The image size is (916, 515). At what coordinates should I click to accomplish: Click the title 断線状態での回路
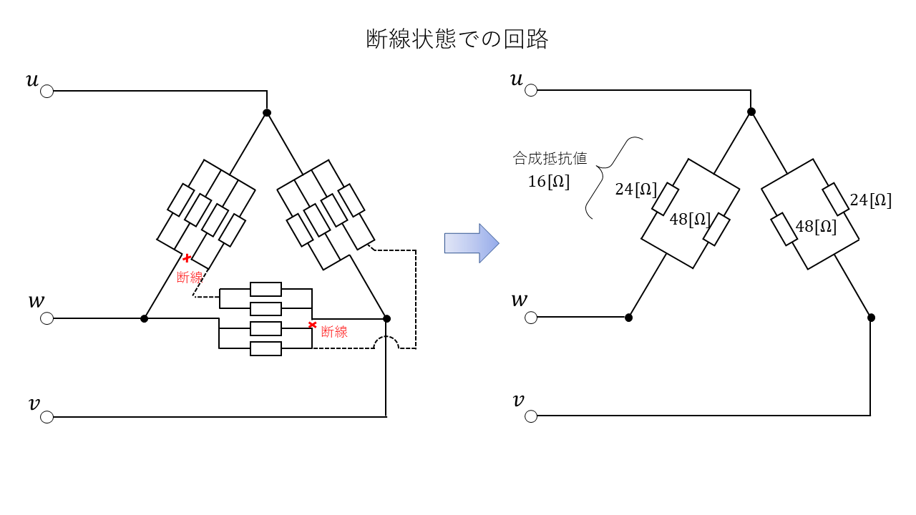(x=457, y=39)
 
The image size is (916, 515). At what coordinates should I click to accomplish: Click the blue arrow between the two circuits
(x=471, y=243)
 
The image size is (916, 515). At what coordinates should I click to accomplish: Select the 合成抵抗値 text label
(x=550, y=159)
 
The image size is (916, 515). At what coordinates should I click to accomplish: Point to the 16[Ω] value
(x=549, y=182)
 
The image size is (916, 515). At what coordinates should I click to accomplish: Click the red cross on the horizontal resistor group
(x=312, y=325)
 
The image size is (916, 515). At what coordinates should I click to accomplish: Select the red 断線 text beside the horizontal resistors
(x=334, y=332)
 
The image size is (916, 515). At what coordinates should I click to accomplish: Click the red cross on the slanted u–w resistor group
(x=187, y=258)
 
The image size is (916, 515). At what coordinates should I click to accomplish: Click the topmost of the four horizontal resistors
(x=265, y=289)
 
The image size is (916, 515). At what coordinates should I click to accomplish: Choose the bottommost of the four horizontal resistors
(x=265, y=348)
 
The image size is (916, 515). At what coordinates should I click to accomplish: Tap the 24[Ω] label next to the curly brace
(x=636, y=190)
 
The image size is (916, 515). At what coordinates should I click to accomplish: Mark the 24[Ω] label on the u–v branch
(x=870, y=200)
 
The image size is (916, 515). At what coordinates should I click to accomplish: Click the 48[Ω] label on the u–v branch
(x=816, y=227)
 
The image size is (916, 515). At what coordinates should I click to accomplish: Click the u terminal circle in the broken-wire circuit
(x=47, y=92)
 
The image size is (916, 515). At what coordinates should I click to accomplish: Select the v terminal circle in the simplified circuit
(x=531, y=416)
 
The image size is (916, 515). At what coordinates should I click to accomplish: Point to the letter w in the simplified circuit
(x=519, y=299)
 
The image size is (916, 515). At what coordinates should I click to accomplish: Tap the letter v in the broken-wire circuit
(x=34, y=404)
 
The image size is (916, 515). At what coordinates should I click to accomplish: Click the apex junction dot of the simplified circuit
(x=751, y=112)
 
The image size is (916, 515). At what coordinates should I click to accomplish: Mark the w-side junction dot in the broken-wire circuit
(x=145, y=318)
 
